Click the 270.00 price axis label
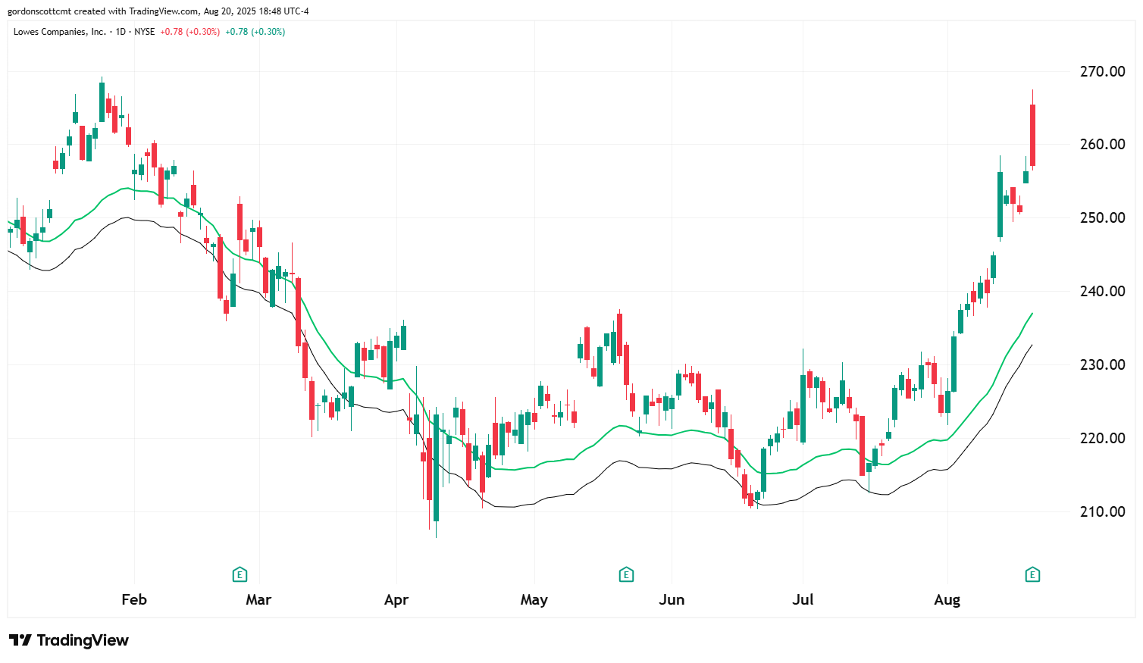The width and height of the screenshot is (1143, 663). click(x=1102, y=71)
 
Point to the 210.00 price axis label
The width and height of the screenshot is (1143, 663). click(x=1102, y=511)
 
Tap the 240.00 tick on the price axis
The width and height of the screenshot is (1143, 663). click(x=1102, y=291)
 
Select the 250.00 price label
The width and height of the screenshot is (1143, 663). click(x=1102, y=217)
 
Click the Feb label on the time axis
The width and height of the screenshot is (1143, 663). click(x=134, y=599)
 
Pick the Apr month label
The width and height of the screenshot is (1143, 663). click(x=396, y=599)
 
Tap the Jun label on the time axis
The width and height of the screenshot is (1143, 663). click(x=672, y=599)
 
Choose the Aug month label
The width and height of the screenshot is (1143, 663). click(x=947, y=599)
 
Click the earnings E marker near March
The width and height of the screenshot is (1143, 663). click(x=240, y=574)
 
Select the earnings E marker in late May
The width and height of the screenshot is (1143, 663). click(x=626, y=574)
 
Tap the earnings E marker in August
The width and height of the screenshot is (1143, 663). click(x=1032, y=574)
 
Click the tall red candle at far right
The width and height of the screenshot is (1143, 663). click(x=1032, y=135)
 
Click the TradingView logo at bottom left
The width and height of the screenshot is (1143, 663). click(x=69, y=640)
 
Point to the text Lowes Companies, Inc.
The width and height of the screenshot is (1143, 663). click(x=60, y=32)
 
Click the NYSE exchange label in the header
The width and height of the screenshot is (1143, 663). click(x=144, y=32)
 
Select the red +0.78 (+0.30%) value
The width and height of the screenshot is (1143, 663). click(x=189, y=32)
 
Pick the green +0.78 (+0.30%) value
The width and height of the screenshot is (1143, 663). click(x=255, y=32)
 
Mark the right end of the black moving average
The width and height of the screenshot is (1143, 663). click(x=1032, y=346)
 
